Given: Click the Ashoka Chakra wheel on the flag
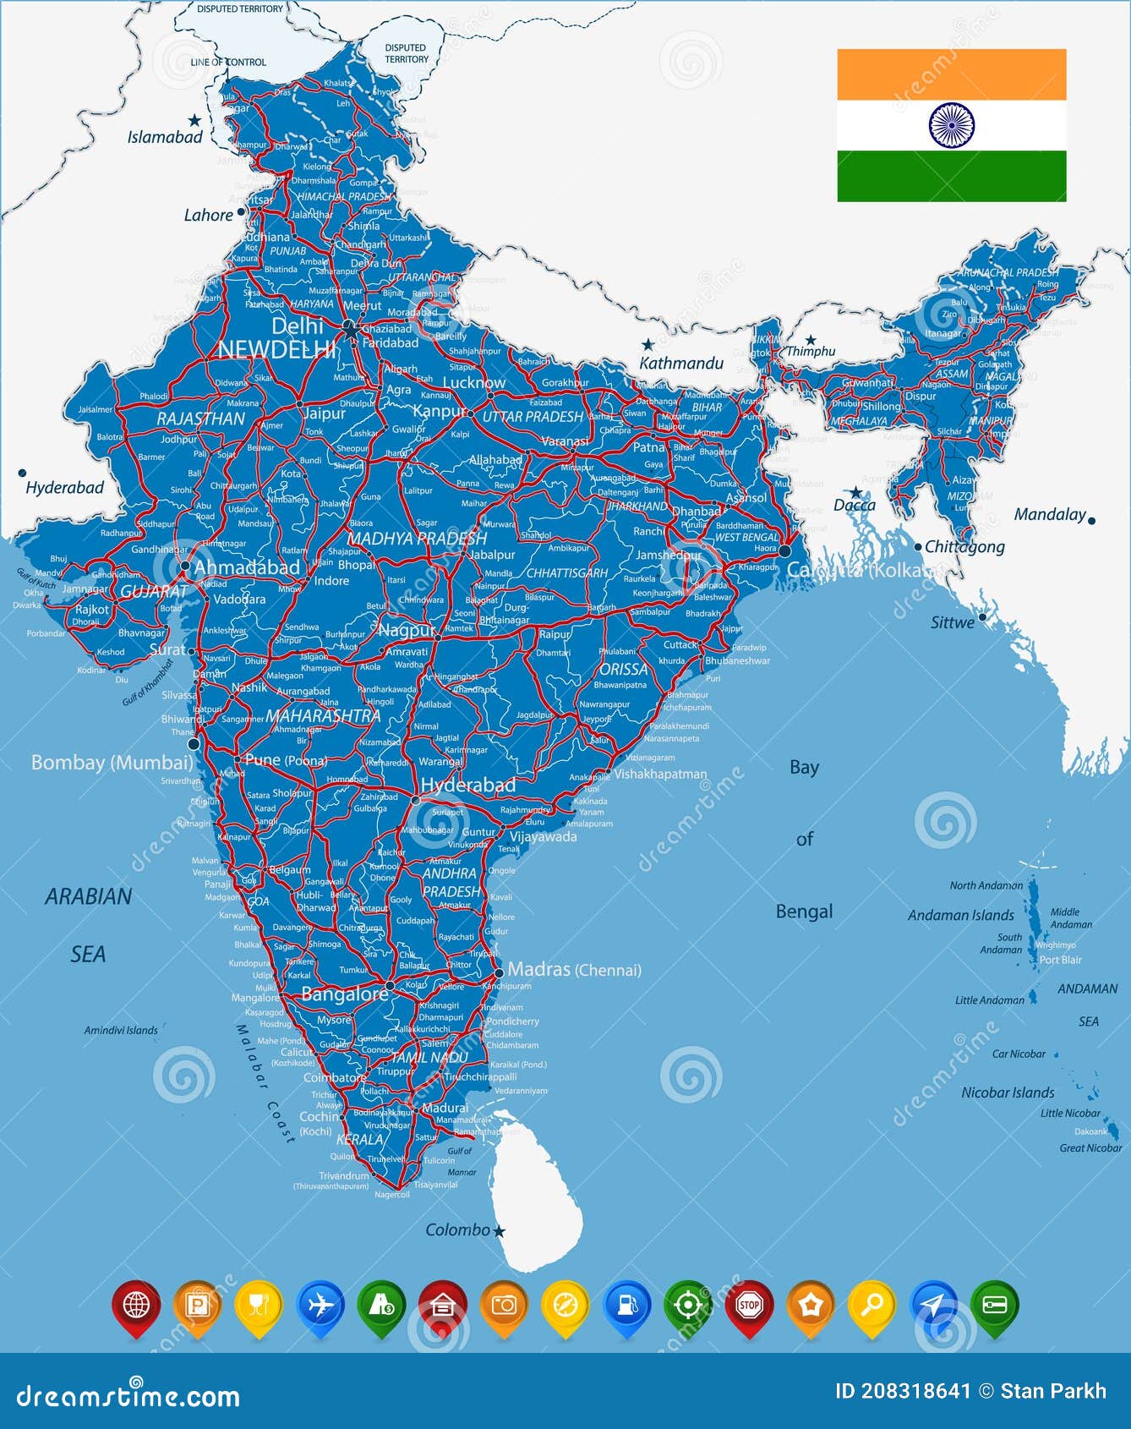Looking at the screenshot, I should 952,125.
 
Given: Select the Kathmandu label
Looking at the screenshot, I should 681,364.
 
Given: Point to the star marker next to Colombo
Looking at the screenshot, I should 500,1231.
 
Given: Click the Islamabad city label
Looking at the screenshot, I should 165,137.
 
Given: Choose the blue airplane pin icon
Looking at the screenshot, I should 321,1306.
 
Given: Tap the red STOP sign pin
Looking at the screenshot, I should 750,1306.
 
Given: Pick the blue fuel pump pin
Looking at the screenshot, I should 626,1306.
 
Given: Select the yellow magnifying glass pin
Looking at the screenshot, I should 872,1306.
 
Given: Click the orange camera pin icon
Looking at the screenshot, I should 504,1306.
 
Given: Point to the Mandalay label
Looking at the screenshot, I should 1050,514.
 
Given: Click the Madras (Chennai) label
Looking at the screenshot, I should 574,970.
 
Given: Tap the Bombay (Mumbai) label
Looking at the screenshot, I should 112,763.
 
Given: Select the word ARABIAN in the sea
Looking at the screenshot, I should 89,896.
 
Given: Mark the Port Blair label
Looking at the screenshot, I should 1060,960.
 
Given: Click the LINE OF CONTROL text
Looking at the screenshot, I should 228,63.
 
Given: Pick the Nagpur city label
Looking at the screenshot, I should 407,630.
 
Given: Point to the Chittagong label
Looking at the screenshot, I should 964,547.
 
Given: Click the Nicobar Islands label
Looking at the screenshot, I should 1008,1092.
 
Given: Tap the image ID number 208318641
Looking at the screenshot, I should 916,1391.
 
